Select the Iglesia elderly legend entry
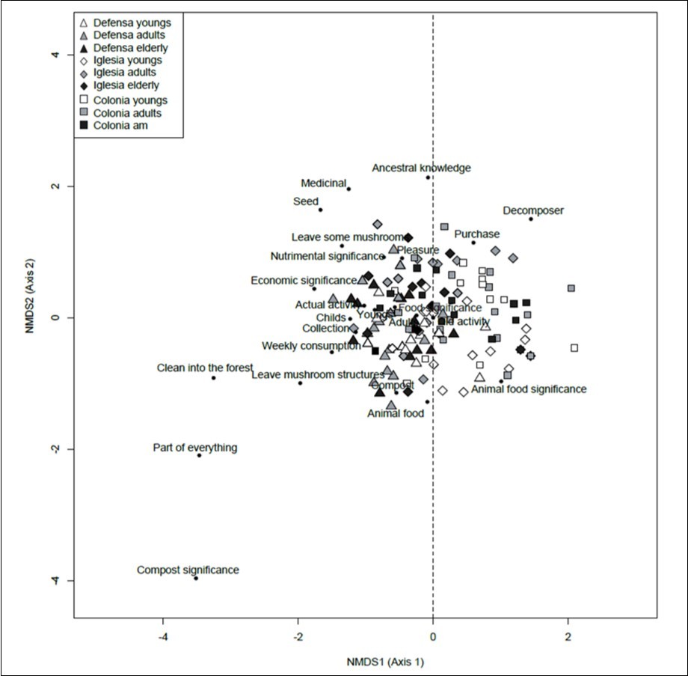(x=124, y=86)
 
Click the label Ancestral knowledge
(x=421, y=168)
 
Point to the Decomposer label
(x=533, y=210)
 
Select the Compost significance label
(x=188, y=570)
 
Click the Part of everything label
(x=194, y=448)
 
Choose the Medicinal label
(x=323, y=183)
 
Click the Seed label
(x=306, y=201)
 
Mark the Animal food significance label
(x=529, y=389)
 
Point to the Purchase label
(x=476, y=234)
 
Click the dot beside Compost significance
(x=196, y=578)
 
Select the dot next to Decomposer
(x=531, y=219)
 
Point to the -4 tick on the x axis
(x=163, y=636)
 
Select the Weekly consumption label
(x=310, y=346)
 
